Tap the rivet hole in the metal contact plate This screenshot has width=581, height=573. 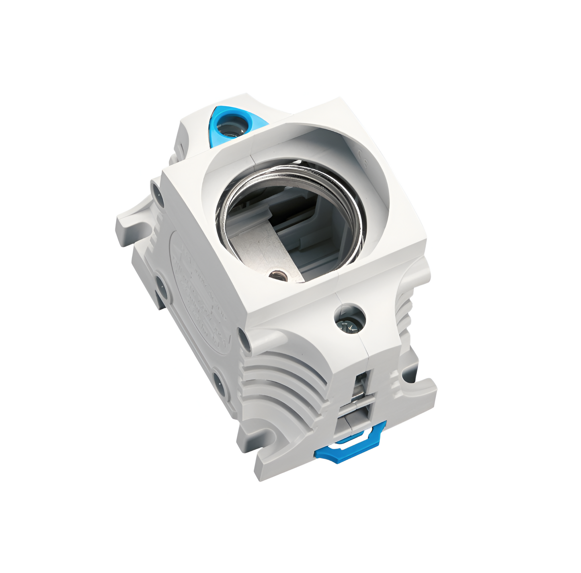(278, 275)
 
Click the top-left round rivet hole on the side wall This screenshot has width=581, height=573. (156, 188)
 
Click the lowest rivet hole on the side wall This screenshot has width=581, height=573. (220, 382)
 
